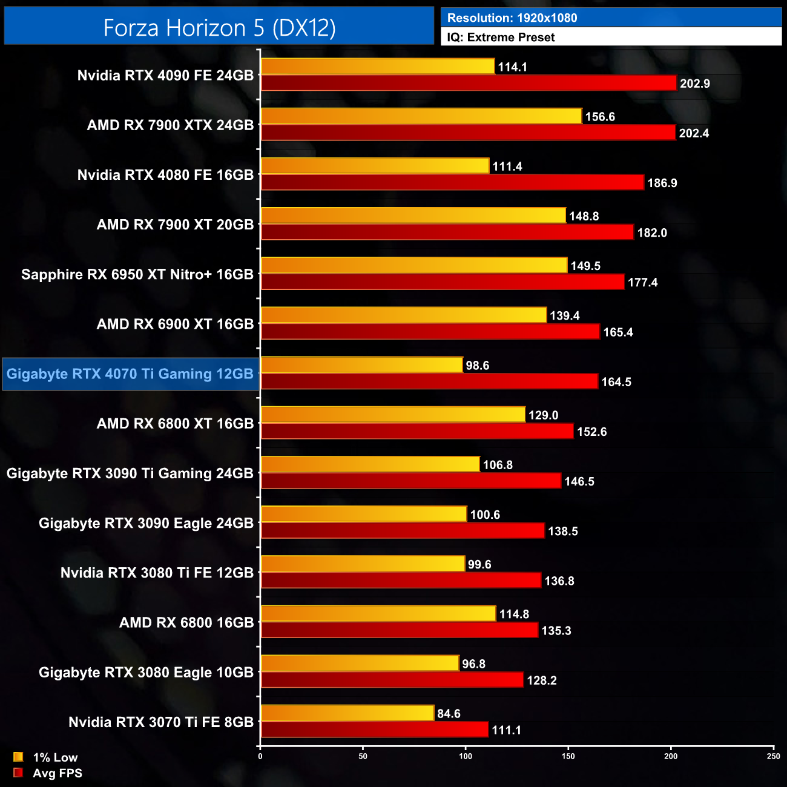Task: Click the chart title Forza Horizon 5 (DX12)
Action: click(219, 27)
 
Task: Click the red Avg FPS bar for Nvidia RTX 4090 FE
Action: click(468, 83)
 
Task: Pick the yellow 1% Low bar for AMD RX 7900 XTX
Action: click(421, 116)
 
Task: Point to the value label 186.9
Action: click(662, 183)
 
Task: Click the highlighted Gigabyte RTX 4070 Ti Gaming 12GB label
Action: click(130, 374)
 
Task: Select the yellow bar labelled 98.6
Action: click(361, 365)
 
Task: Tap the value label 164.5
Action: click(616, 382)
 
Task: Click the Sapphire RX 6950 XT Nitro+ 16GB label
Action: click(137, 275)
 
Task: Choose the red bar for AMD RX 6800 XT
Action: click(417, 431)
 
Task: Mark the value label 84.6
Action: click(449, 714)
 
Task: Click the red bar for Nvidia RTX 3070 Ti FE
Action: click(374, 730)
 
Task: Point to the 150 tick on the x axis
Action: click(568, 756)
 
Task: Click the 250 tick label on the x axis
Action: click(773, 756)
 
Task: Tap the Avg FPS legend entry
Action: click(48, 773)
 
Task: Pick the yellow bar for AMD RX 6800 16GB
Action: click(378, 614)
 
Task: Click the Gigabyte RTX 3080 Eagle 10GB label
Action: click(146, 673)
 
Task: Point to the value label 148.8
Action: click(584, 216)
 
